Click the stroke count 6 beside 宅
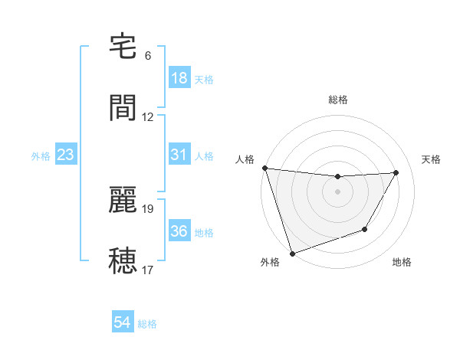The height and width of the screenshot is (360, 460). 148,56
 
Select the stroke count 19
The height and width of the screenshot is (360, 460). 148,208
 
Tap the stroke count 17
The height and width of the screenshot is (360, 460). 148,270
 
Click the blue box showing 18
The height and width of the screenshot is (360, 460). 179,78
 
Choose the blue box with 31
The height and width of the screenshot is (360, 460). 179,155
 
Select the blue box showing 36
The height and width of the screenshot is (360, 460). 179,231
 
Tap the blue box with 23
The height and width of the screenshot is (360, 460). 66,155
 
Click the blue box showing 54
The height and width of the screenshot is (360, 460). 123,322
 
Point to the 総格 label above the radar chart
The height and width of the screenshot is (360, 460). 338,100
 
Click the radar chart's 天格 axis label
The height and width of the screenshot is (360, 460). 432,159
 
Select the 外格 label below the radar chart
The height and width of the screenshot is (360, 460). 270,262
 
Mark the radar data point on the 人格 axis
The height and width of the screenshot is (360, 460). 265,168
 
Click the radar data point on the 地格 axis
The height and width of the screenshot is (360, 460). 365,229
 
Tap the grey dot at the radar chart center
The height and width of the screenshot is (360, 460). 338,191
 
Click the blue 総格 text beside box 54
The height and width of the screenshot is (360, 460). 147,323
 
